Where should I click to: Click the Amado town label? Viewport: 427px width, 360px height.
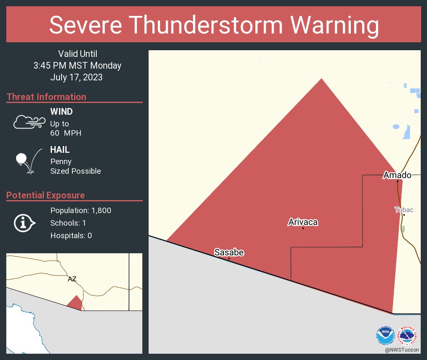[397, 175]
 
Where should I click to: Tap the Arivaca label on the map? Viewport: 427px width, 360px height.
[303, 222]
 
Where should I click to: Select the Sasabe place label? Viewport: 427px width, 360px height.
[229, 252]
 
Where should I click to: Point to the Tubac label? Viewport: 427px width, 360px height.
[404, 209]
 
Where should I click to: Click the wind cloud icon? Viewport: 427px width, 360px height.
[29, 122]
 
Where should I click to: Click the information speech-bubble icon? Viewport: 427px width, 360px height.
[24, 223]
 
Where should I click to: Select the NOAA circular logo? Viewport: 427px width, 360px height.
[385, 335]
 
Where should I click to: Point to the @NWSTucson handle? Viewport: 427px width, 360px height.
[402, 350]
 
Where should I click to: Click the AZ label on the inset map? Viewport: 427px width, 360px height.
[72, 279]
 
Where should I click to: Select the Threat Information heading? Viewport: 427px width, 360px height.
[46, 97]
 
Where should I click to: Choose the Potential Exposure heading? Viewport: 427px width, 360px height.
[46, 195]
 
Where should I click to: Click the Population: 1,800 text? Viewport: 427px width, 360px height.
[81, 211]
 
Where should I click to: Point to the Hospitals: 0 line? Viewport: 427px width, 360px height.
[71, 236]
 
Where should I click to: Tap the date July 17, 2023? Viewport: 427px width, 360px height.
[77, 77]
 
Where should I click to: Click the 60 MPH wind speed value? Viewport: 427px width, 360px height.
[66, 133]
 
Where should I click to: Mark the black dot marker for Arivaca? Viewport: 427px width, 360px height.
[303, 228]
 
